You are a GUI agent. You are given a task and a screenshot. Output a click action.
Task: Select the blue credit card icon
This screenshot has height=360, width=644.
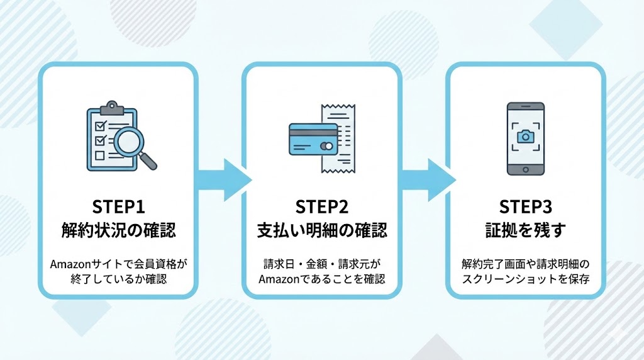[313, 138]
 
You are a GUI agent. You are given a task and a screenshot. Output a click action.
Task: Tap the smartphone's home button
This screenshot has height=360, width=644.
[525, 169]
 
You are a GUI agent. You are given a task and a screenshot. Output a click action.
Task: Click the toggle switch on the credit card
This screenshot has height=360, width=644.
[327, 146]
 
